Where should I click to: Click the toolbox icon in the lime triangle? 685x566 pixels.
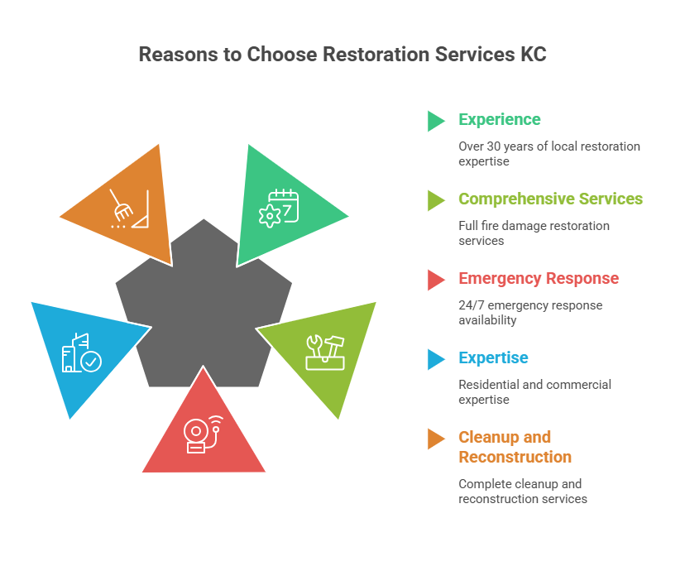coord(324,352)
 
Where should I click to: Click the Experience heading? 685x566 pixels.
coord(499,120)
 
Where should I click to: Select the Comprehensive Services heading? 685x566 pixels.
coord(550,199)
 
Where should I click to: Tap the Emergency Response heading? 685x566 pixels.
coord(538,279)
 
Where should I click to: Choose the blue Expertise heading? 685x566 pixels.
coord(493,358)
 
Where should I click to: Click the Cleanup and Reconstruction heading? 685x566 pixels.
coord(515,447)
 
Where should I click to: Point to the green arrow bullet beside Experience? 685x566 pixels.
coord(436,121)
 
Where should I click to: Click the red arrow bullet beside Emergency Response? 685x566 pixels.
coord(436,280)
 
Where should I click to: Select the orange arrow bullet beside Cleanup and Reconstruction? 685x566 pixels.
coord(436,439)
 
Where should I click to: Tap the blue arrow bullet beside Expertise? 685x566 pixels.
coord(436,359)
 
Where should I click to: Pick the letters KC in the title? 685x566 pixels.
coord(533,55)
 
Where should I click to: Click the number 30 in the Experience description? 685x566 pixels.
coord(494,146)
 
